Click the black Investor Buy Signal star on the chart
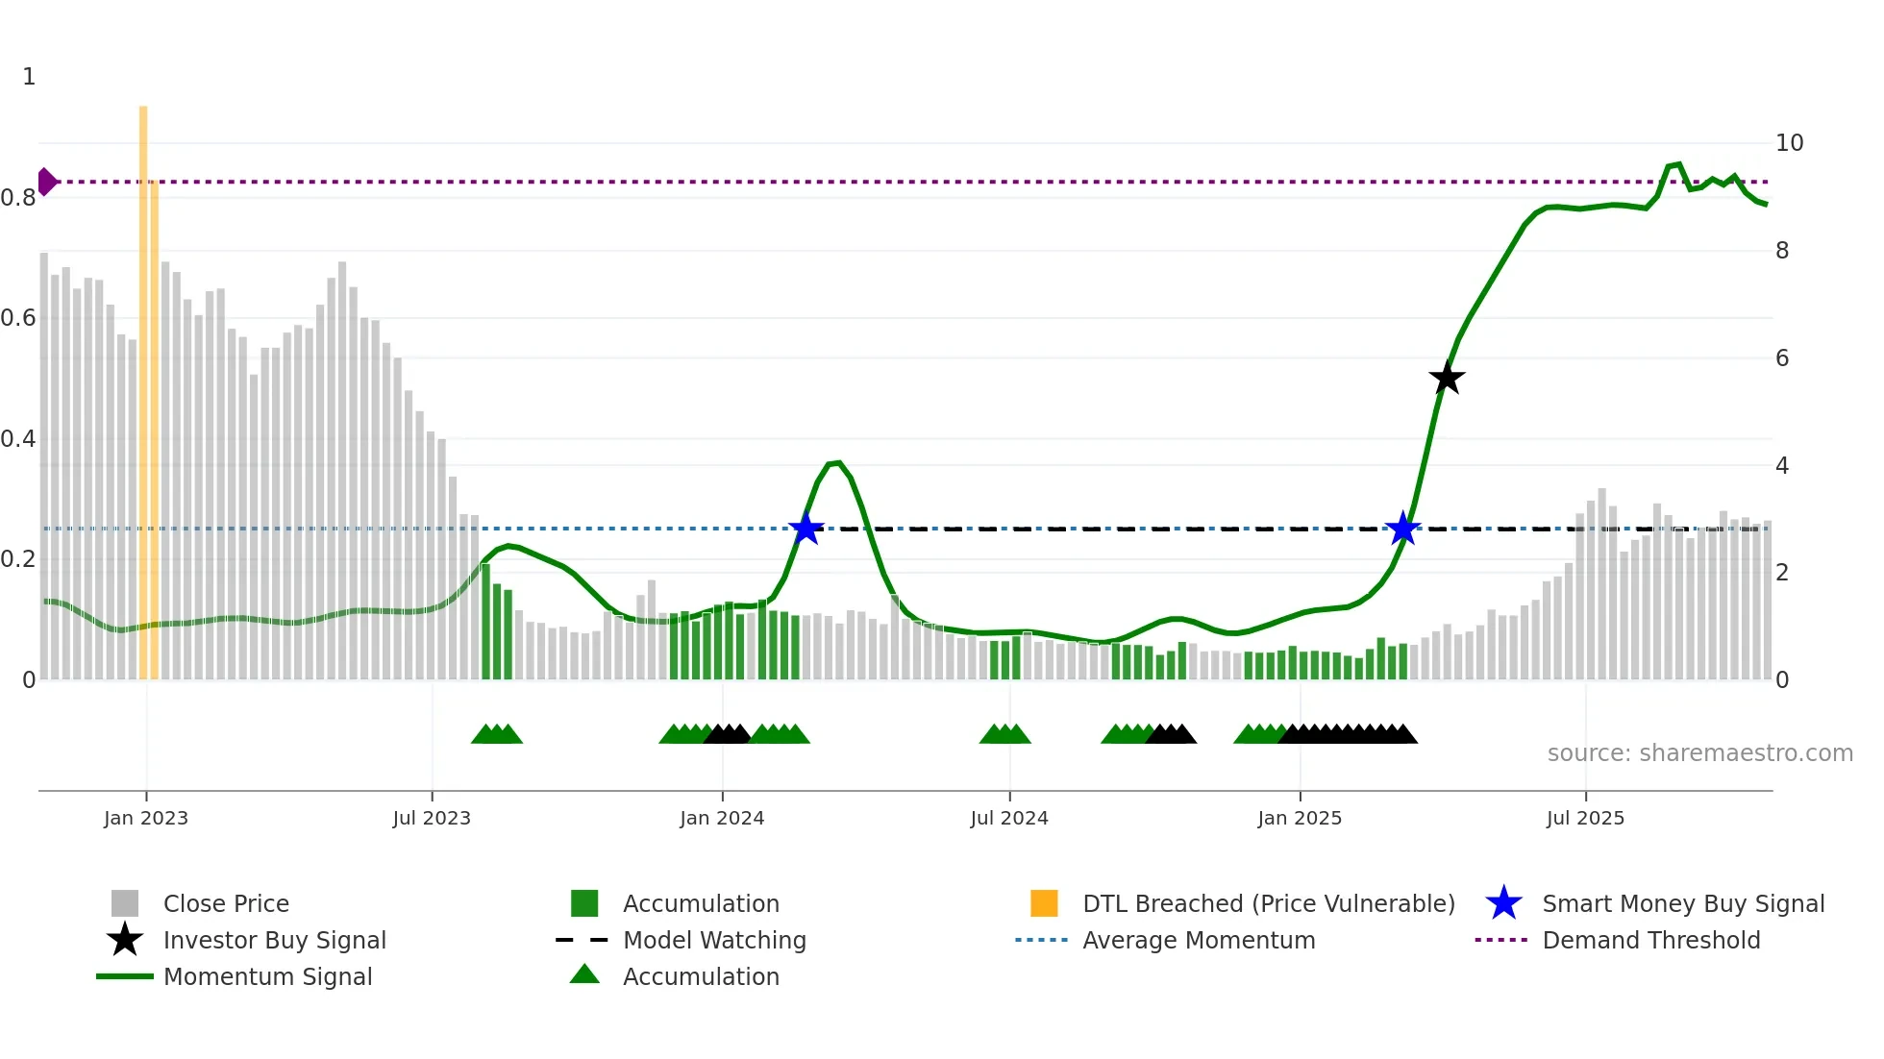pos(1447,379)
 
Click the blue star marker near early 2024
pos(806,529)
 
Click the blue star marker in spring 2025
pos(1403,529)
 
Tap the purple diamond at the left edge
pos(46,182)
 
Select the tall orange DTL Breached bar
pos(143,384)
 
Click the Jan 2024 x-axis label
pos(722,818)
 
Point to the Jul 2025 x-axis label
pos(1585,818)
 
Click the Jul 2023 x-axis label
pos(432,818)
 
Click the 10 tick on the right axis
pos(1789,143)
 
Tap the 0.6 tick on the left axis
pos(19,318)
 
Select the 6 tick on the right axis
pos(1782,358)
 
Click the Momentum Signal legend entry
pos(267,976)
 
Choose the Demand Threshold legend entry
pos(1650,940)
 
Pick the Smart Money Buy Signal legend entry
pos(1682,903)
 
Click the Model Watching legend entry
pos(714,940)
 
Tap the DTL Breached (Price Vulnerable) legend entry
pos(1268,903)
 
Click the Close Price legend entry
pos(226,903)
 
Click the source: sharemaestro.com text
pos(1699,753)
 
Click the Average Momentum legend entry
pos(1198,940)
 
